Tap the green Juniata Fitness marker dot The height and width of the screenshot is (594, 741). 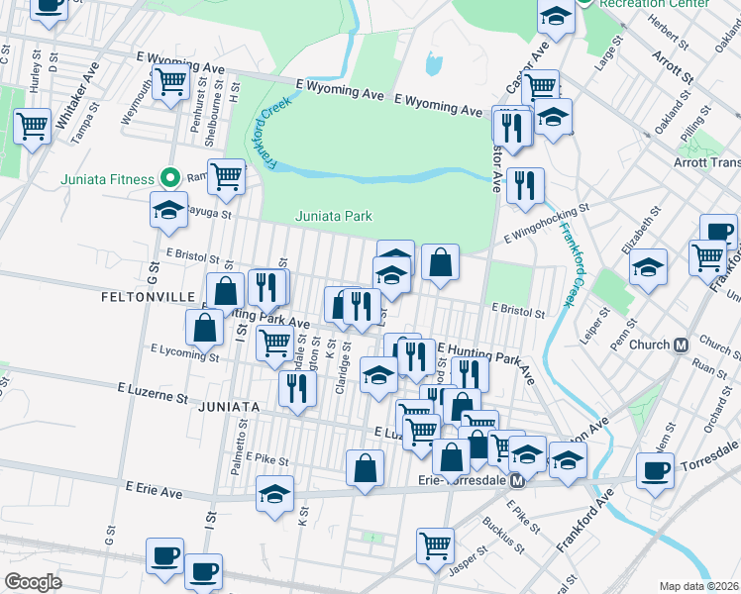click(x=169, y=179)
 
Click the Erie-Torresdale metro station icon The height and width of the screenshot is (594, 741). click(x=516, y=481)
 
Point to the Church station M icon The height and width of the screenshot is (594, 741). click(x=681, y=346)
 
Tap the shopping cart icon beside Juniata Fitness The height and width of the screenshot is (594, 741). click(x=227, y=176)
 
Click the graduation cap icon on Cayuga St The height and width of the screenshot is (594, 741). click(x=169, y=209)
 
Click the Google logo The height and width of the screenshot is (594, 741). click(x=33, y=581)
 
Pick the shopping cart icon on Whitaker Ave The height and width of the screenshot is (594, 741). click(x=33, y=126)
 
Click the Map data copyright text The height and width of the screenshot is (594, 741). click(x=697, y=586)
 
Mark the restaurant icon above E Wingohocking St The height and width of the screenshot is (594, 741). click(x=524, y=184)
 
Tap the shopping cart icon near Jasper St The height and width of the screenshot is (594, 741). click(x=435, y=544)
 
